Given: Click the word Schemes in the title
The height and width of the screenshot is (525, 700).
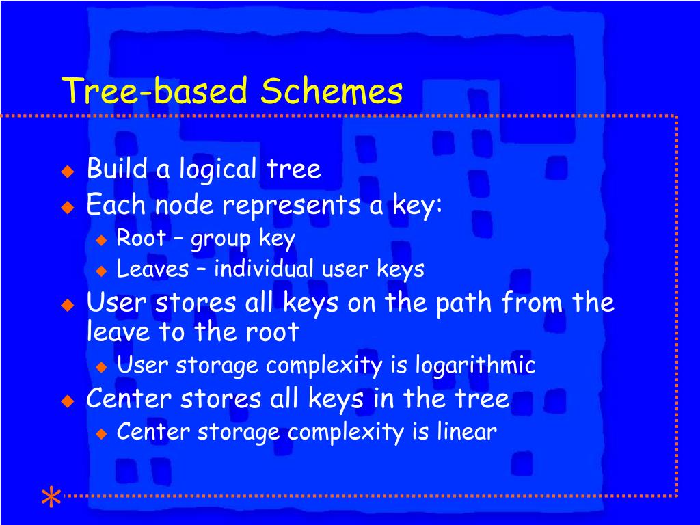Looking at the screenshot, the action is (331, 91).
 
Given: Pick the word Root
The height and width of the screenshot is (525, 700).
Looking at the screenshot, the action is (141, 239).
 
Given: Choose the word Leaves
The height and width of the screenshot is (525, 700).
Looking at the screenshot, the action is (152, 269).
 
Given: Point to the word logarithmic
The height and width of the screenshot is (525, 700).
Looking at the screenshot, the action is (474, 366).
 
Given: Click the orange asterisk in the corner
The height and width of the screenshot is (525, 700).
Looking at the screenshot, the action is (50, 498).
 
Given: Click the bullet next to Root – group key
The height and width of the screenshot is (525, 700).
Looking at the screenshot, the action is (101, 241).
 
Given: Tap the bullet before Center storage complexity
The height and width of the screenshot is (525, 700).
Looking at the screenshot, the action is (101, 433).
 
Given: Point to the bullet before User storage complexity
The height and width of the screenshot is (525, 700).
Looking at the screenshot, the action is (101, 367).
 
